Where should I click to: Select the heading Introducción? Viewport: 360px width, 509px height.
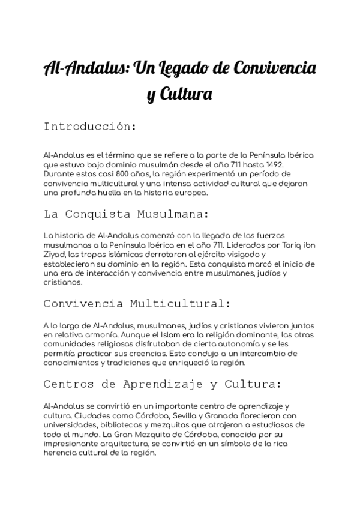tap(91, 127)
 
